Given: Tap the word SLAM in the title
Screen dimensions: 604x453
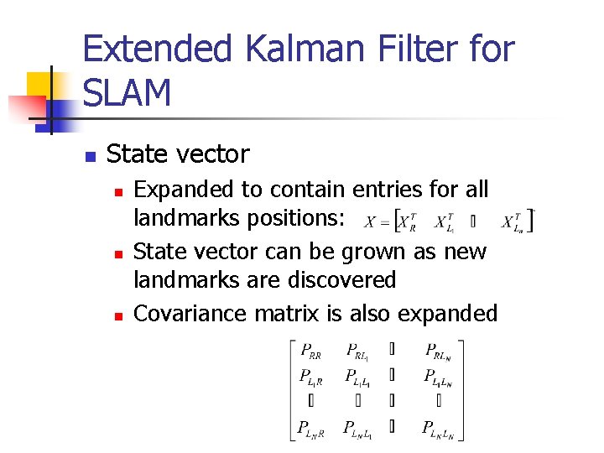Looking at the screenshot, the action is pyautogui.click(x=128, y=92).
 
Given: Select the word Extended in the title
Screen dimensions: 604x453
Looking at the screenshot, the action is pyautogui.click(x=158, y=49).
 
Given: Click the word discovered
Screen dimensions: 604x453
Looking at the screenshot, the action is pyautogui.click(x=342, y=279).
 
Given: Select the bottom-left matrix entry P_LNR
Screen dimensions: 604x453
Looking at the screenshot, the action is pyautogui.click(x=314, y=430).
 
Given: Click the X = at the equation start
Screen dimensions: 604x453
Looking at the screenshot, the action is pyautogui.click(x=378, y=222).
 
